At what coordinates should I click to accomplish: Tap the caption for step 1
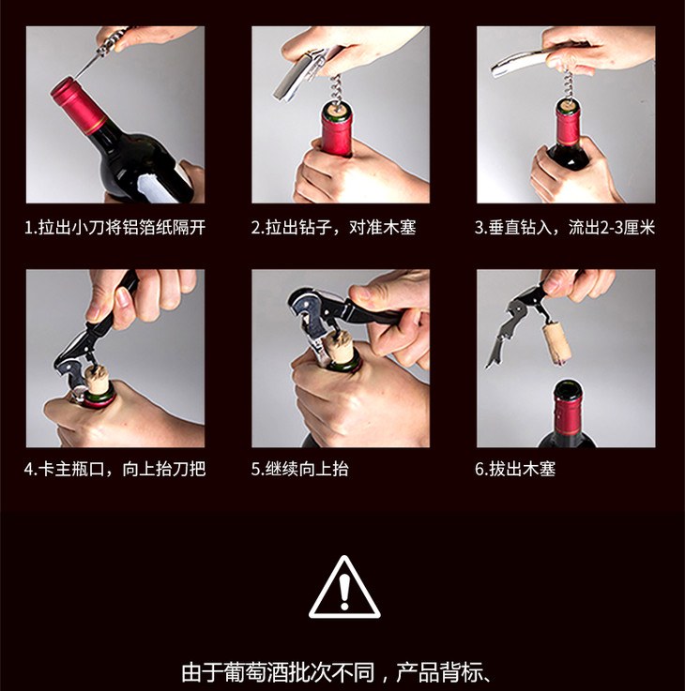115,228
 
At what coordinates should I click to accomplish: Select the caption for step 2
333,228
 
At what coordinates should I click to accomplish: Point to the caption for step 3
565,228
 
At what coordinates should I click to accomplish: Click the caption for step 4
115,469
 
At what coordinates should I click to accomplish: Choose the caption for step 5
300,469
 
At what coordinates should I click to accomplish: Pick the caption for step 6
515,469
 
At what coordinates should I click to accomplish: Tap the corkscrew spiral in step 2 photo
337,91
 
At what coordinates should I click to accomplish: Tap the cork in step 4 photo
97,378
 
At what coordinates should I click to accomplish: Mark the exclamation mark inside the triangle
344,592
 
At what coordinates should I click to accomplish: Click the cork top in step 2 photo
337,109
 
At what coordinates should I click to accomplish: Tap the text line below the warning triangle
336,672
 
